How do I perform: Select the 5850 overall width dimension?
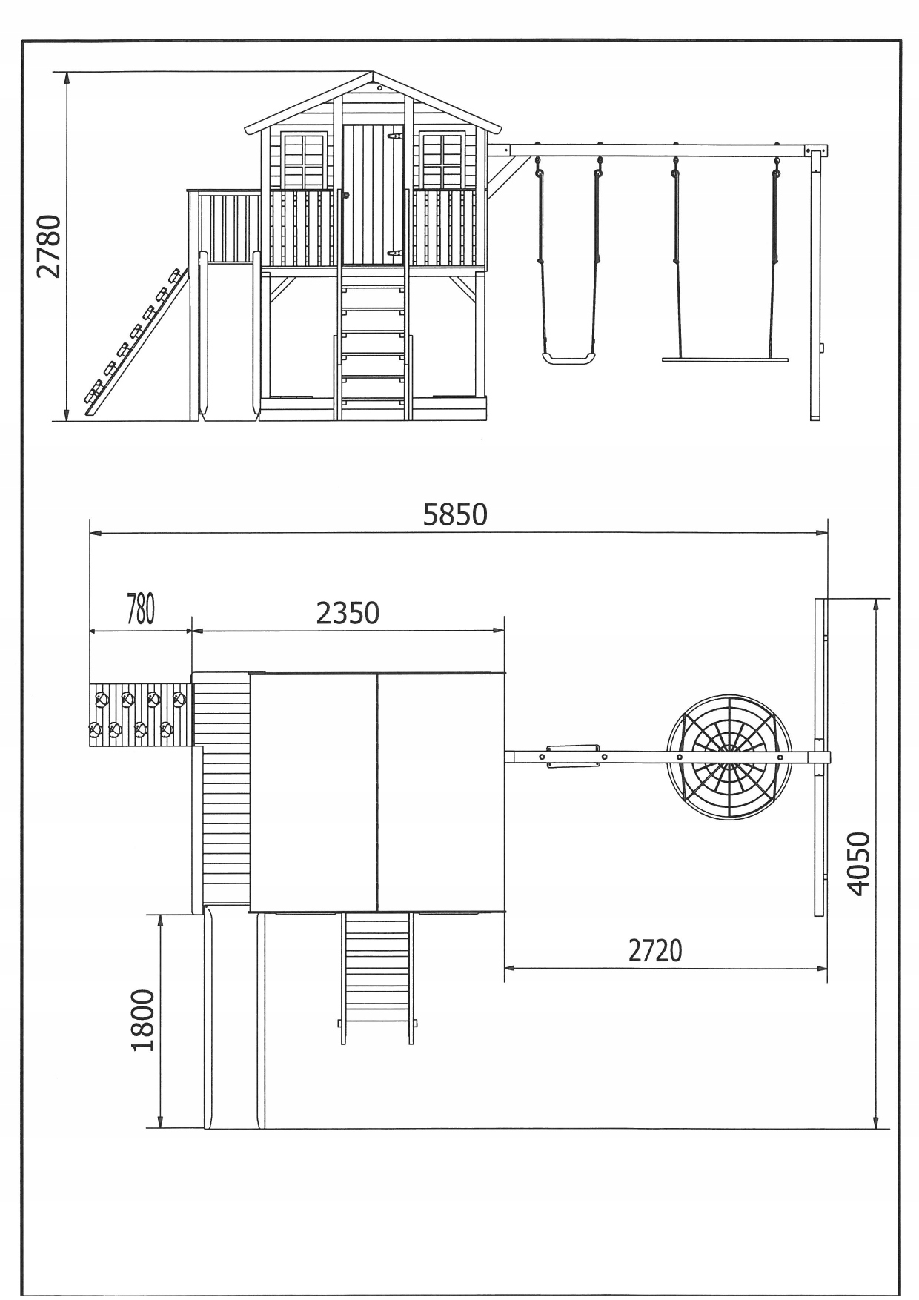[x=455, y=514]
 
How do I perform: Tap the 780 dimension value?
[x=140, y=609]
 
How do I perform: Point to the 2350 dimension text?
[x=348, y=613]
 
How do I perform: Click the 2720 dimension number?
[x=655, y=950]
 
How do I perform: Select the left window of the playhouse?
[x=304, y=159]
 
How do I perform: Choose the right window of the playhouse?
[x=442, y=159]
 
